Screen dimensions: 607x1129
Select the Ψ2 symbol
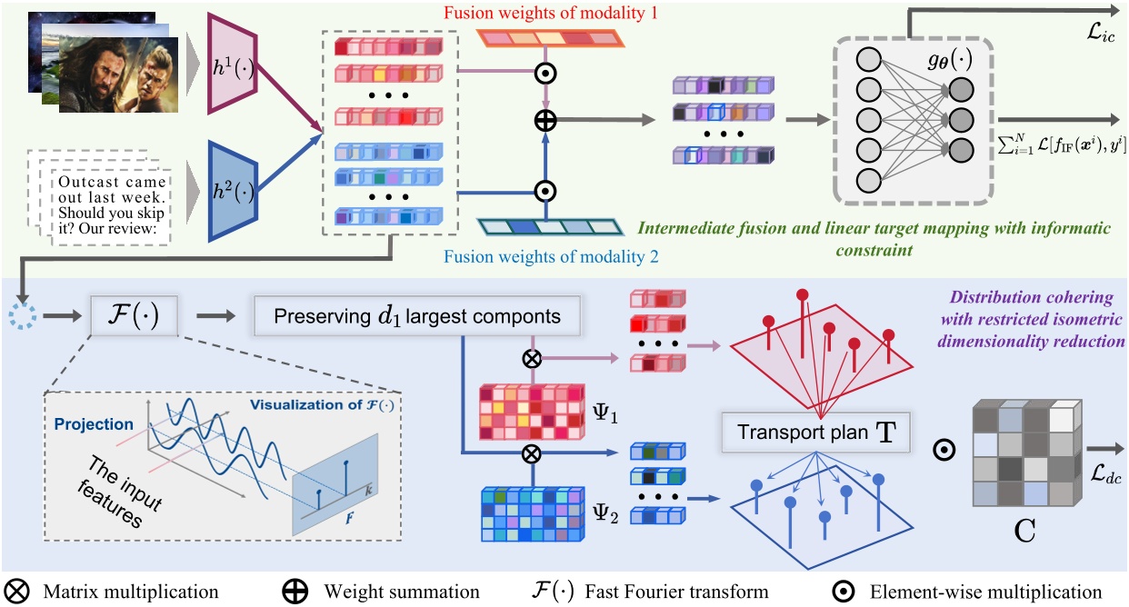coord(607,518)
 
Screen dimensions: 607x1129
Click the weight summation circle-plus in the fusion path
coord(545,118)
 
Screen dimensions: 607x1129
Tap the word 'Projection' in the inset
coord(94,424)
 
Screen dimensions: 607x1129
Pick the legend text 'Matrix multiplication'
coord(131,592)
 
